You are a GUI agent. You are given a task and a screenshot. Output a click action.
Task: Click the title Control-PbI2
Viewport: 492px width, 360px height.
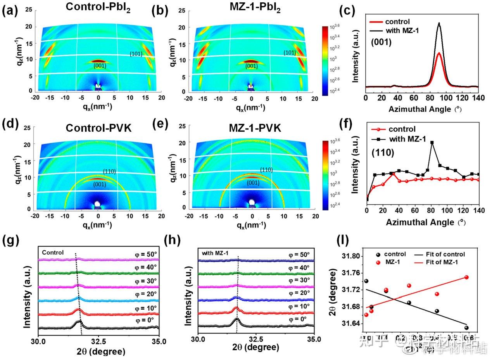[x=98, y=7]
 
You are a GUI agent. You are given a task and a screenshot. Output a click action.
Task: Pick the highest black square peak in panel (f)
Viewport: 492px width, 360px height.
[x=432, y=143]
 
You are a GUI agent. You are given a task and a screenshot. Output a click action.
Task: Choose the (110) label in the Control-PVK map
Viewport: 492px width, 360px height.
[x=109, y=171]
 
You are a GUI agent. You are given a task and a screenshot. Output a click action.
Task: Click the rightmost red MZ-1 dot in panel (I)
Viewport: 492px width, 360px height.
[x=466, y=277]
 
